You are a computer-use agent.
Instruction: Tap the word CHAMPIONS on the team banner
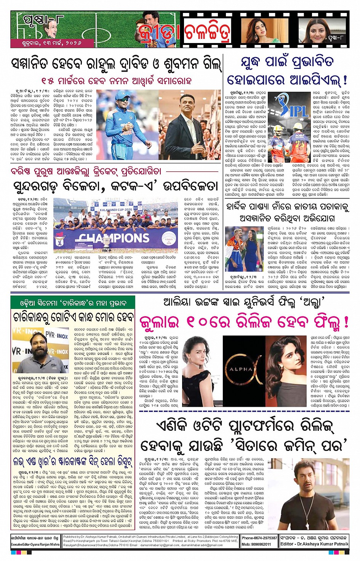110,238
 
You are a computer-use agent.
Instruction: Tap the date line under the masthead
46,43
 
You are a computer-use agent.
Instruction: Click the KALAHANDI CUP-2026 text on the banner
116,210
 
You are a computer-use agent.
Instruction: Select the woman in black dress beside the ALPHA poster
199,362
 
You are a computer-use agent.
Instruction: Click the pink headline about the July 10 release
244,322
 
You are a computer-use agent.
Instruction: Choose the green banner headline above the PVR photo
73,304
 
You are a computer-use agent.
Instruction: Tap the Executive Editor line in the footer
35,545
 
